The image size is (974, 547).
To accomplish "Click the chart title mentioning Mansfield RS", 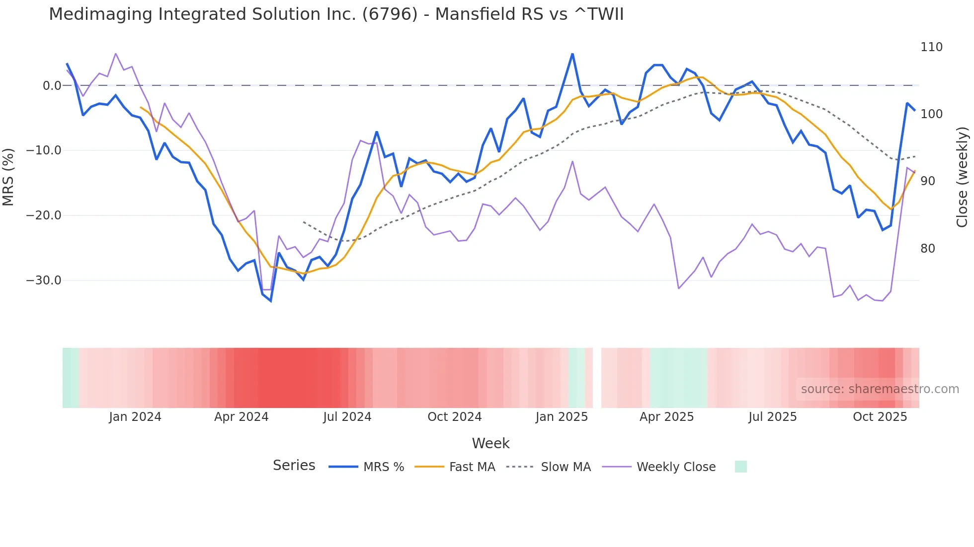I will (x=336, y=14).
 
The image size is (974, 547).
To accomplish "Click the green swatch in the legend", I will (x=740, y=467).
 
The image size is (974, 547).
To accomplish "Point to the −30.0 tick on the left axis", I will (x=44, y=280).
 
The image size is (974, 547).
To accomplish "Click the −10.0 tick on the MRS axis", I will (x=44, y=150).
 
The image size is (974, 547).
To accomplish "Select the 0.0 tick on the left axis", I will (x=52, y=86).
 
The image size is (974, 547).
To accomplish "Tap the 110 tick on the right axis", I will (x=931, y=47).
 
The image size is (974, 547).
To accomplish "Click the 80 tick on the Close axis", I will (x=928, y=249).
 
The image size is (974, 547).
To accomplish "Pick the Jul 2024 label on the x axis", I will (x=347, y=417).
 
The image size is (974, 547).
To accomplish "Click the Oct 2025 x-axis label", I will (x=880, y=417).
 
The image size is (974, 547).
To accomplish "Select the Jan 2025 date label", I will (x=562, y=417).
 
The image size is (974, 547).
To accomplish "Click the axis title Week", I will (x=490, y=443).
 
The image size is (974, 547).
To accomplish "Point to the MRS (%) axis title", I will (x=8, y=177).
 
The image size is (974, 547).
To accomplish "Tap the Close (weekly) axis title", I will (x=962, y=177).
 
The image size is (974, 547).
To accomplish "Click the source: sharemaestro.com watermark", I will (x=880, y=389).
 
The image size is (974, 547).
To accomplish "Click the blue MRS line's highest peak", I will (x=572, y=54).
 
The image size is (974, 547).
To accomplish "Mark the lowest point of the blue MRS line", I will (x=271, y=301).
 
